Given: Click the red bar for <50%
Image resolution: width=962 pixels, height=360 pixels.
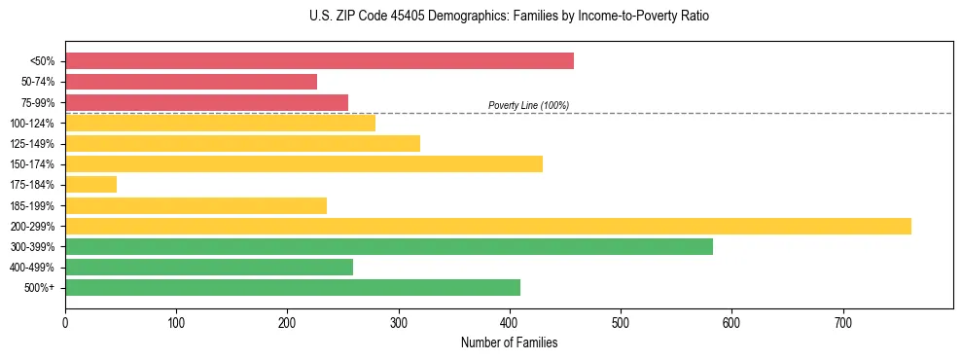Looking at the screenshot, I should coord(319,61).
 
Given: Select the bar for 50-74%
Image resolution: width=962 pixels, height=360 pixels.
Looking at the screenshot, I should coord(191,82).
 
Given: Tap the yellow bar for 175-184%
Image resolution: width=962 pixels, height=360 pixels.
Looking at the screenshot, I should coord(90,185).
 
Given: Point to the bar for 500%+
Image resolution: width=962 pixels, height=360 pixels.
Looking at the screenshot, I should coord(292,288).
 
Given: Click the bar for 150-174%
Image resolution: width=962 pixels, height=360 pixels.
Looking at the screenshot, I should coord(303,164).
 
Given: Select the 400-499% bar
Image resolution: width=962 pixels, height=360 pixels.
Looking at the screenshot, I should coord(208,268).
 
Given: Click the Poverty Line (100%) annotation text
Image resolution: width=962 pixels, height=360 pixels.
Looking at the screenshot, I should coord(528,105).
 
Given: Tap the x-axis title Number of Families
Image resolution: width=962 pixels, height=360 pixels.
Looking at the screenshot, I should coord(509,343).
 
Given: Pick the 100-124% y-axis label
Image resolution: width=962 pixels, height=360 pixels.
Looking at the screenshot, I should coord(35,124).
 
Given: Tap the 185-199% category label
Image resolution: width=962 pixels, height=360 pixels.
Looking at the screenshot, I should coord(35,206).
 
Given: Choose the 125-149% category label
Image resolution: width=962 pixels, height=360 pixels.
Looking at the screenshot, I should coord(35,144).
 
